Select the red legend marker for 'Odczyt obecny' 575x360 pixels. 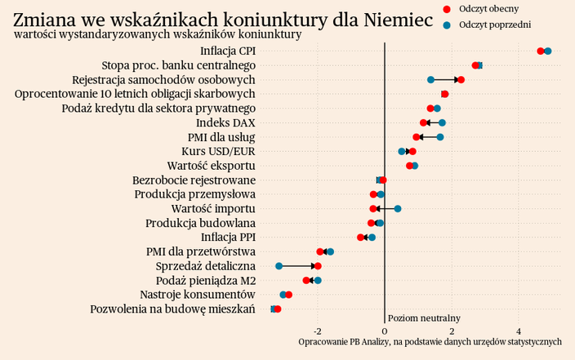click(x=447, y=8)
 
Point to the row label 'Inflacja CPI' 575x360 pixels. click(x=228, y=51)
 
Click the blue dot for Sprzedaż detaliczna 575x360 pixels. click(x=279, y=266)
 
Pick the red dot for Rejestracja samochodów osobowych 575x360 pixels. click(x=461, y=80)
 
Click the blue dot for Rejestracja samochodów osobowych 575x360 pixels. click(x=430, y=80)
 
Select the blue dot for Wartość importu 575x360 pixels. click(x=398, y=209)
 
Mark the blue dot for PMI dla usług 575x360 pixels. click(x=440, y=137)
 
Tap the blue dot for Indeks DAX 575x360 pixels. click(x=442, y=122)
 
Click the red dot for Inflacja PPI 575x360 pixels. click(x=361, y=238)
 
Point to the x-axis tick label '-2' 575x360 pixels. click(x=317, y=331)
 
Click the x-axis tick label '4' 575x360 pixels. click(x=519, y=331)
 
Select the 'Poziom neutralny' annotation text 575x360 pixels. click(x=424, y=318)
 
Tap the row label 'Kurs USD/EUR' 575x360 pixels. click(x=218, y=152)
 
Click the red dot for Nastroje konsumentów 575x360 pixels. click(x=288, y=295)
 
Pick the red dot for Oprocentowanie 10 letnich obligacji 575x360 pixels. click(x=445, y=94)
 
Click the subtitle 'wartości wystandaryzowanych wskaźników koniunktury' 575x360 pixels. click(x=158, y=35)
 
